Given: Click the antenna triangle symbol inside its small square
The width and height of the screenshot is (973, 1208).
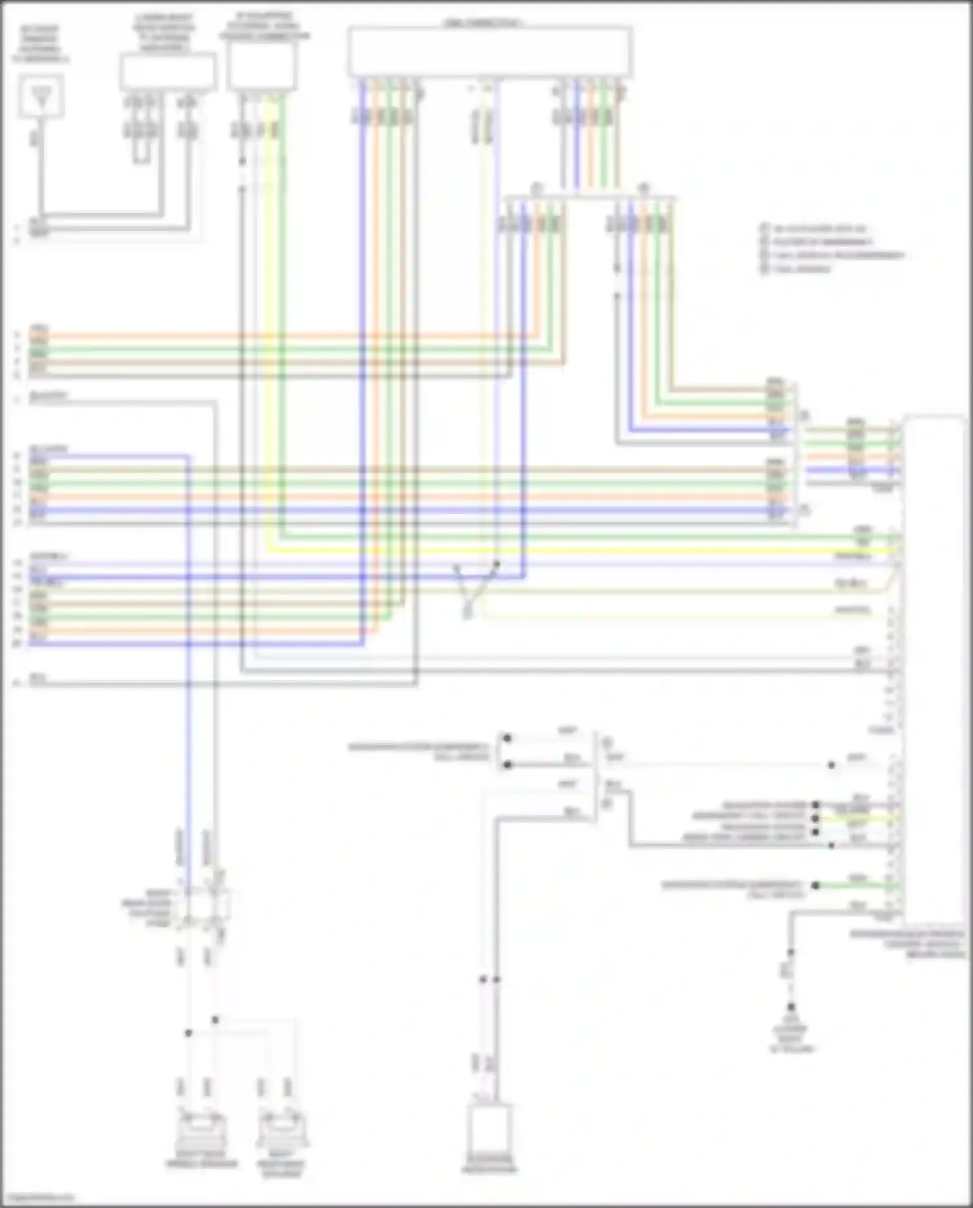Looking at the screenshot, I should pos(41,97).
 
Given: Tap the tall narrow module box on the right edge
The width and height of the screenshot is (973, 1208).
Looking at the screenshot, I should pos(934,669).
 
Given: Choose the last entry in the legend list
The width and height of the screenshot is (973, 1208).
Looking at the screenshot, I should pos(801,269).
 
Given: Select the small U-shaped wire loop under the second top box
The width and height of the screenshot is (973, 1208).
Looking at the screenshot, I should pos(142,153).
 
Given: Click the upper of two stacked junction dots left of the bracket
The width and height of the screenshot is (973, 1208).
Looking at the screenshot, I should pos(507,739).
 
